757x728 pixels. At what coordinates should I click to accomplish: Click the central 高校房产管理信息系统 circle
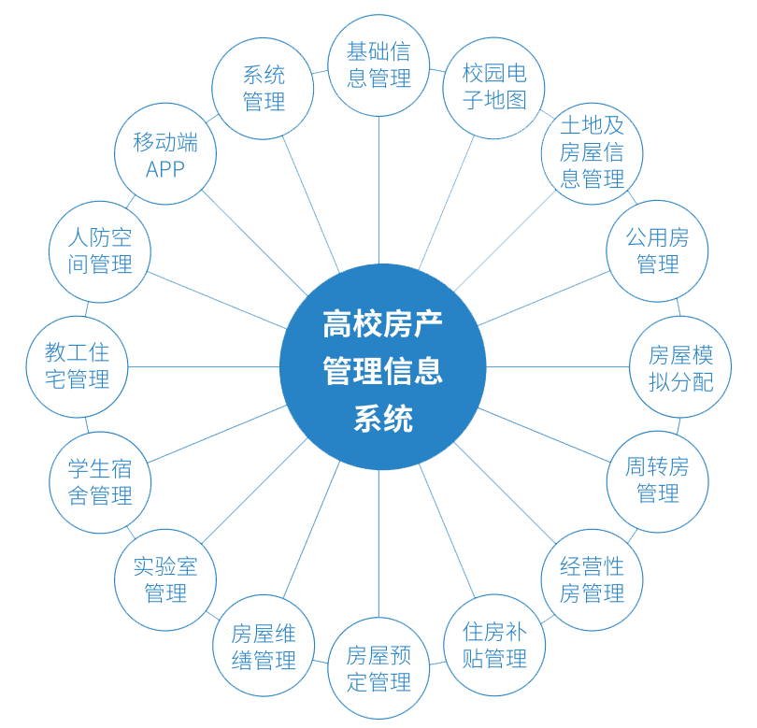coord(382,367)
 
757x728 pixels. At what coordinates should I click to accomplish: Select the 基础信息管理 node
coord(378,65)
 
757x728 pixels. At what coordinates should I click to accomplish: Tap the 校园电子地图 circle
coord(494,87)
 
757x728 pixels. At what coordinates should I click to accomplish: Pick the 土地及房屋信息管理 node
coord(592,152)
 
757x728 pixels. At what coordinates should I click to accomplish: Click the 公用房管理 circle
coord(658,250)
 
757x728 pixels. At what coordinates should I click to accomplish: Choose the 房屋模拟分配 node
coord(680,367)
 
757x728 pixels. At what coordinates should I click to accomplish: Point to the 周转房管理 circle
coord(658,480)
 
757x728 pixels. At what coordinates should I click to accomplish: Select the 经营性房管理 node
coord(592,579)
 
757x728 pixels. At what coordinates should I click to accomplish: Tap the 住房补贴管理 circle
coord(494,645)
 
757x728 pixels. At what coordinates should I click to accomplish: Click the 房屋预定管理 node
coord(378,668)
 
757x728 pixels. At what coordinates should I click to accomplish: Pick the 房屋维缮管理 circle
coord(264,647)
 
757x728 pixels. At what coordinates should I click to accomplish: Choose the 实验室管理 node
coord(165,579)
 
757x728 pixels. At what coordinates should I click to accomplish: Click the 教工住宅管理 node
coord(77,366)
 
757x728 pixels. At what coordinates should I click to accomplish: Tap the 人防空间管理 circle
coord(100,250)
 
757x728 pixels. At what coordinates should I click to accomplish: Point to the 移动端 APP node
coord(165,154)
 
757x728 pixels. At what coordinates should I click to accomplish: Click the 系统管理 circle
coord(264,88)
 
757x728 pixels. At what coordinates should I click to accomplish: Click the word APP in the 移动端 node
coord(165,169)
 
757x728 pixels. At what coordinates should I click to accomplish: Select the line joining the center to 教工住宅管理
coord(204,366)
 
